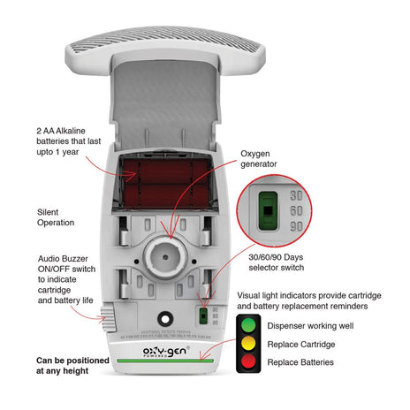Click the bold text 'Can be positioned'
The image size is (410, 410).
(73, 361)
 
